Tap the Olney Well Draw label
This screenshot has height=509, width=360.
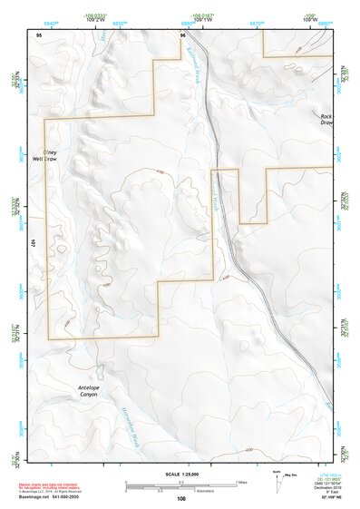pyautogui.click(x=56, y=155)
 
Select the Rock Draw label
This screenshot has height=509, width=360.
pyautogui.click(x=326, y=119)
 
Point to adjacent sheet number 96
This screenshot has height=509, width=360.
pyautogui.click(x=183, y=34)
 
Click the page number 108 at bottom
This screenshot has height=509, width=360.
pyautogui.click(x=181, y=498)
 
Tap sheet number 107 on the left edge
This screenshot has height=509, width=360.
pyautogui.click(x=33, y=243)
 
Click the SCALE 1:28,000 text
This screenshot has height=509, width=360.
pyautogui.click(x=181, y=475)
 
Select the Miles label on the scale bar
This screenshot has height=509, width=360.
pyautogui.click(x=243, y=482)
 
